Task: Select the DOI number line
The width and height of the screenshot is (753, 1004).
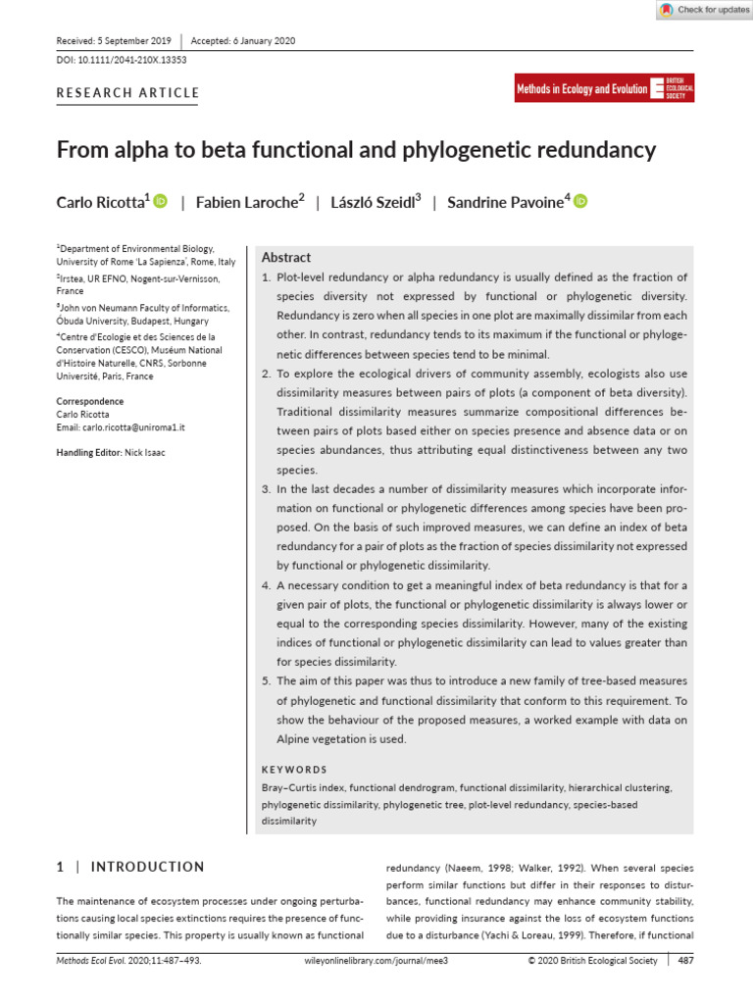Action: pyautogui.click(x=122, y=60)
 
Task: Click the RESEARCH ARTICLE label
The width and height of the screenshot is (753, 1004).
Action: pyautogui.click(x=127, y=93)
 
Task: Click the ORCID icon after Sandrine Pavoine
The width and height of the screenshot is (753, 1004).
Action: pyautogui.click(x=579, y=201)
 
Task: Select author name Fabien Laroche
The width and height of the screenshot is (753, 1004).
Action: pyautogui.click(x=246, y=202)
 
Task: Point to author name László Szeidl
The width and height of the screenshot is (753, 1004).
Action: pyautogui.click(x=373, y=202)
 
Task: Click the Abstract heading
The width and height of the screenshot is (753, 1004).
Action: pyautogui.click(x=285, y=258)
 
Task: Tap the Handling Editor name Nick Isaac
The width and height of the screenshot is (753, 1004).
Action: pyautogui.click(x=144, y=452)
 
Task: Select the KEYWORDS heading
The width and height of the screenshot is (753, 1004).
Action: pyautogui.click(x=294, y=770)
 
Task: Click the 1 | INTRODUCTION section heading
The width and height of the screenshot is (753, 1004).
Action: pyautogui.click(x=130, y=867)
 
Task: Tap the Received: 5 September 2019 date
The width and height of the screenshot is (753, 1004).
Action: pyautogui.click(x=114, y=41)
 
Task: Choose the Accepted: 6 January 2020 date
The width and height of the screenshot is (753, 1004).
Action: pyautogui.click(x=242, y=41)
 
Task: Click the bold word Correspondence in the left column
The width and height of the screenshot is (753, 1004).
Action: pyautogui.click(x=90, y=401)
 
